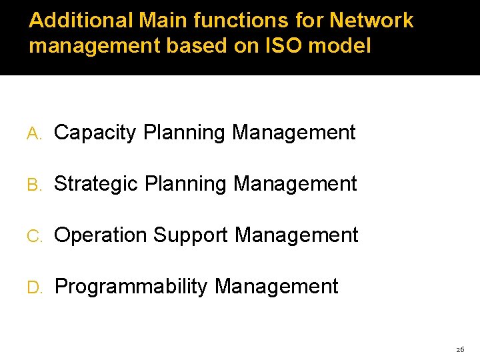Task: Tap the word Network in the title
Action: [x=371, y=21]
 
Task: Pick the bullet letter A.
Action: [x=33, y=133]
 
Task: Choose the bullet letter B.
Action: [x=33, y=185]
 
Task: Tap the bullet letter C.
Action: [x=33, y=236]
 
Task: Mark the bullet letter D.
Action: [x=34, y=287]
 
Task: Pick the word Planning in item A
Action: [x=185, y=133]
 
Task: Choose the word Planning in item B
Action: [x=186, y=184]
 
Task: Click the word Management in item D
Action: [x=277, y=287]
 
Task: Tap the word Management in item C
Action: [x=297, y=235]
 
